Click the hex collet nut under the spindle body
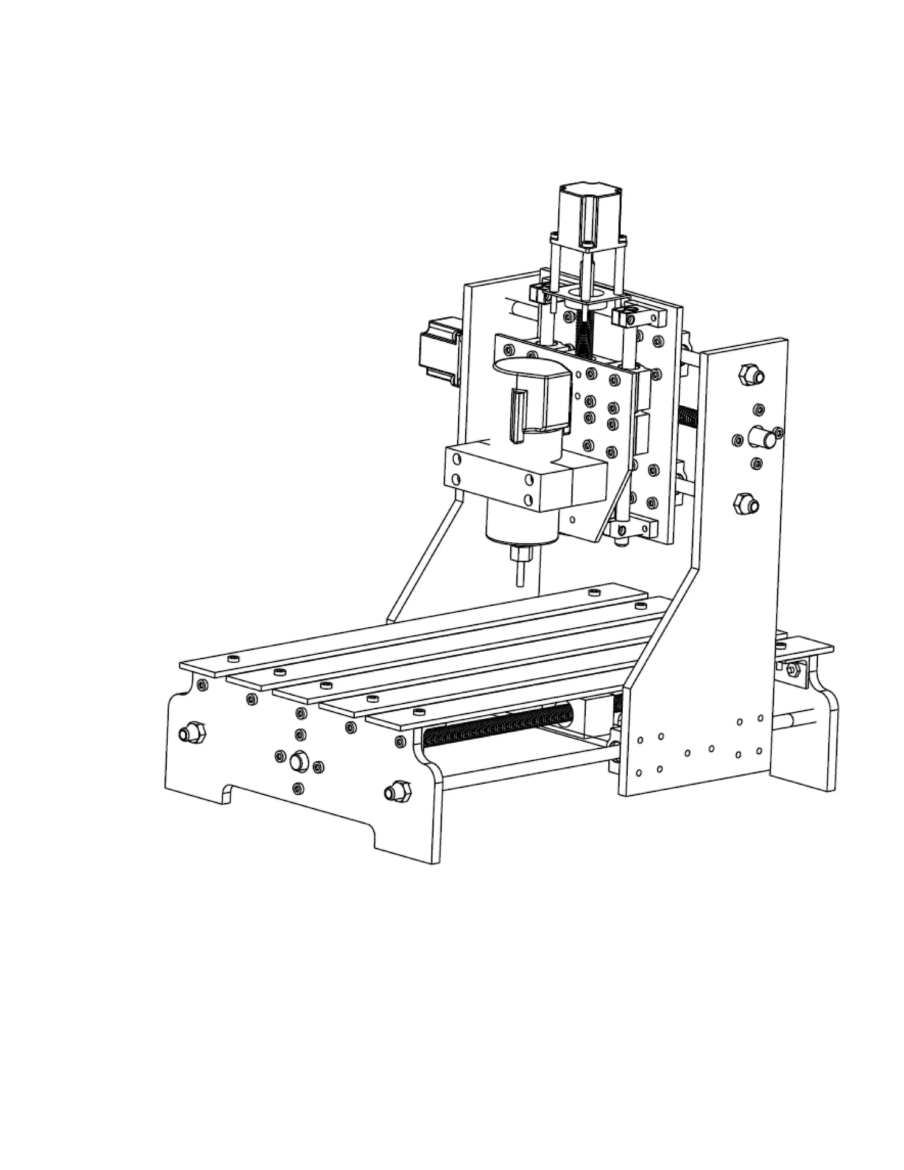pyautogui.click(x=522, y=553)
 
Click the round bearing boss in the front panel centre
pyautogui.click(x=298, y=761)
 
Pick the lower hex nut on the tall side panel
pyautogui.click(x=744, y=504)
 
